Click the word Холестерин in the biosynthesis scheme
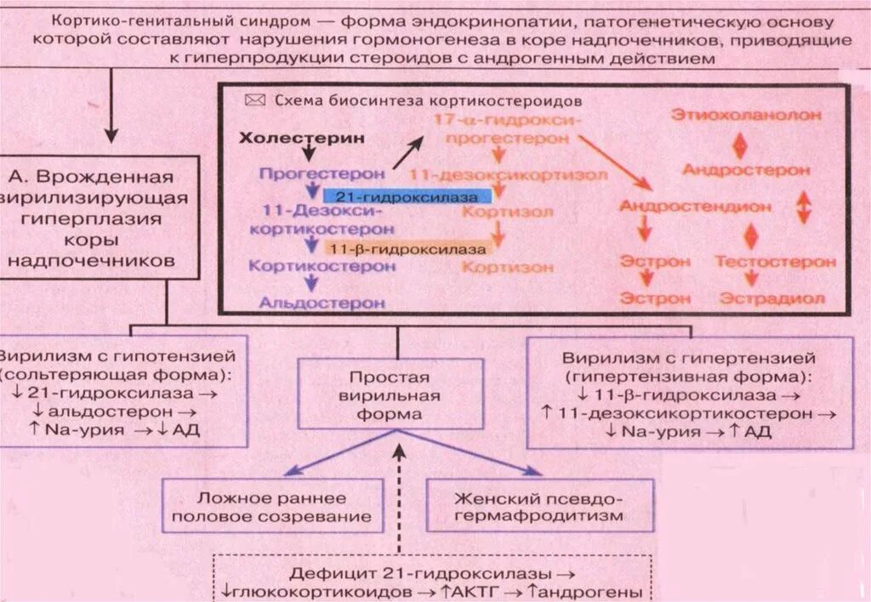coord(292,138)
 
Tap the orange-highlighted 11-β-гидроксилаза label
coord(407,250)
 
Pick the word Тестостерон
coord(774,262)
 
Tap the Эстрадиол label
coord(772,298)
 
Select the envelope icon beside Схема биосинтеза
coord(254,99)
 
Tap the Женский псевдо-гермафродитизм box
coord(539,506)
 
